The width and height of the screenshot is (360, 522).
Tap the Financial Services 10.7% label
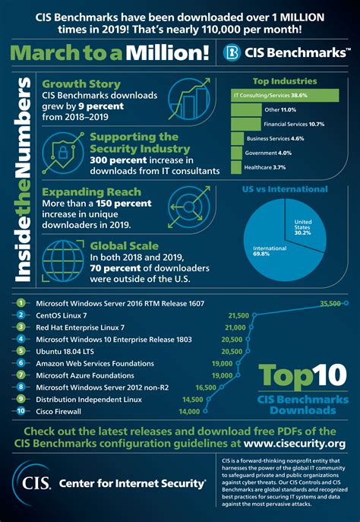pyautogui.click(x=293, y=123)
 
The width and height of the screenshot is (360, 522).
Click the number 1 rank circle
pyautogui.click(x=23, y=303)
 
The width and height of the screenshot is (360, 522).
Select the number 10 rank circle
pyautogui.click(x=23, y=412)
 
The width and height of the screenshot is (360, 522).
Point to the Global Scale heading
pyautogui.click(x=125, y=245)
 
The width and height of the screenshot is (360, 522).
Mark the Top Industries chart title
pyautogui.click(x=284, y=79)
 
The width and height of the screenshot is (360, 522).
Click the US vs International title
pyautogui.click(x=285, y=188)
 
